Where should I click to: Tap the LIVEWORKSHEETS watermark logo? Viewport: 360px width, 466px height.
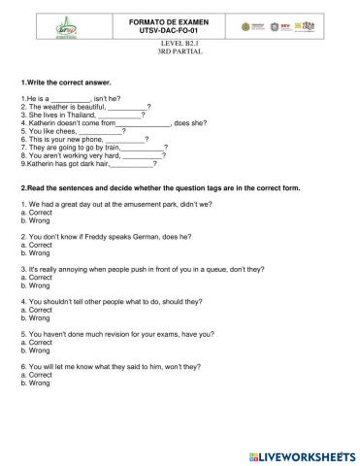point(308,454)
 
